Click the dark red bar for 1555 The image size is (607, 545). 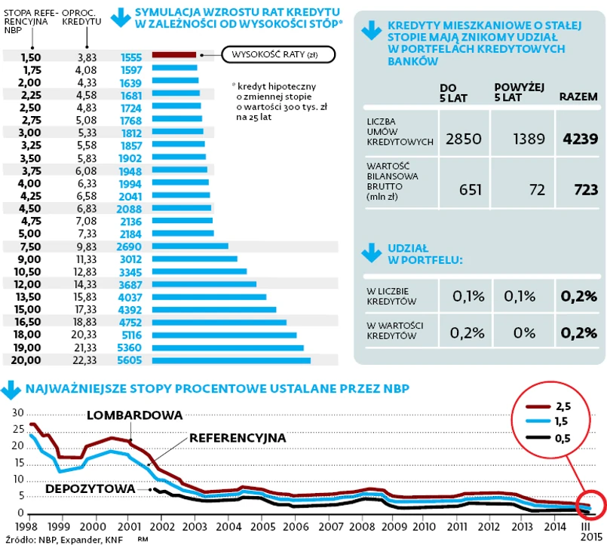[x=174, y=55]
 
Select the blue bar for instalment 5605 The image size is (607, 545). [x=231, y=361]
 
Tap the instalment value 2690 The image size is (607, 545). [x=131, y=246]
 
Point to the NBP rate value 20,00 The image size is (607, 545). [x=29, y=361]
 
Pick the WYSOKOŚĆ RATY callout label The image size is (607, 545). [x=279, y=55]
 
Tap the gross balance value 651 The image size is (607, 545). [x=470, y=190]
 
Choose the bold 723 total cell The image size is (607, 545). [x=585, y=190]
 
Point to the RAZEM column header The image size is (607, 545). [x=578, y=97]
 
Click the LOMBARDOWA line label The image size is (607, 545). [x=135, y=415]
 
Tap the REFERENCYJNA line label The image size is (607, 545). [x=237, y=437]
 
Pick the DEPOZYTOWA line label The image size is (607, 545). [x=90, y=488]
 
